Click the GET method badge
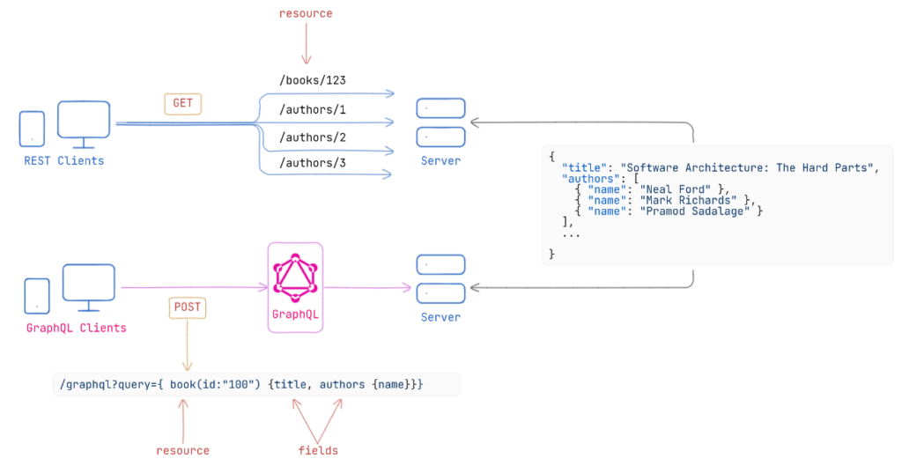tap(182, 103)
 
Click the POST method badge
tap(187, 307)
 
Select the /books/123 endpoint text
tap(312, 80)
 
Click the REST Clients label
tap(64, 160)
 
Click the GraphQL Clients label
tap(77, 328)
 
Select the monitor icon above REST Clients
tap(84, 123)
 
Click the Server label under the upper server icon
tap(440, 160)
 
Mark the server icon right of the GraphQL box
tap(440, 277)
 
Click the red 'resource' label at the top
tap(306, 14)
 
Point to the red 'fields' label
tap(318, 450)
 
